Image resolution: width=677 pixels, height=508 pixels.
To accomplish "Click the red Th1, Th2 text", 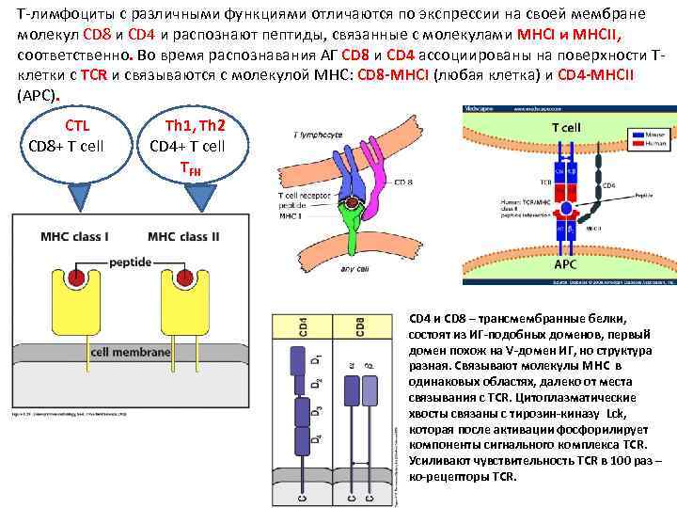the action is click(194, 125).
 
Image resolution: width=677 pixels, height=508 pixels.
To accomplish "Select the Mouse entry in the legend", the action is click(653, 135).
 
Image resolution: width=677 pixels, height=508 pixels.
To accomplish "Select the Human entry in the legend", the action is click(653, 143).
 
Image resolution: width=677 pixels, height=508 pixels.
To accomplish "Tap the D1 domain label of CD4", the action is click(315, 359).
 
